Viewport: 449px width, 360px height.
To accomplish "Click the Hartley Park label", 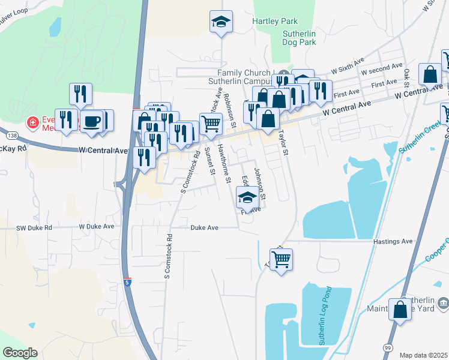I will coord(275,21).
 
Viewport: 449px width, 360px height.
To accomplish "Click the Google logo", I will coord(20,353).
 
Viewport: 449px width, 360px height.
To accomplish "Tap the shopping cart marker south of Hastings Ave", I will coord(281,260).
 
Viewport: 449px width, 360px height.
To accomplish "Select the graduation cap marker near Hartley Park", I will coord(221,22).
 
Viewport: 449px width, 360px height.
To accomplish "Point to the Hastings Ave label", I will coord(393,241).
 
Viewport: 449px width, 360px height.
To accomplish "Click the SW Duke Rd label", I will coord(35,228).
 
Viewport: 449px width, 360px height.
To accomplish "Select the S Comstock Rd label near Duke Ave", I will coord(169,256).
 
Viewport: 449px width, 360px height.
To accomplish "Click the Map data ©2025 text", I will coord(423,355).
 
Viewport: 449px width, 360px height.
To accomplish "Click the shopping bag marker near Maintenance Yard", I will coord(401,310).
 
